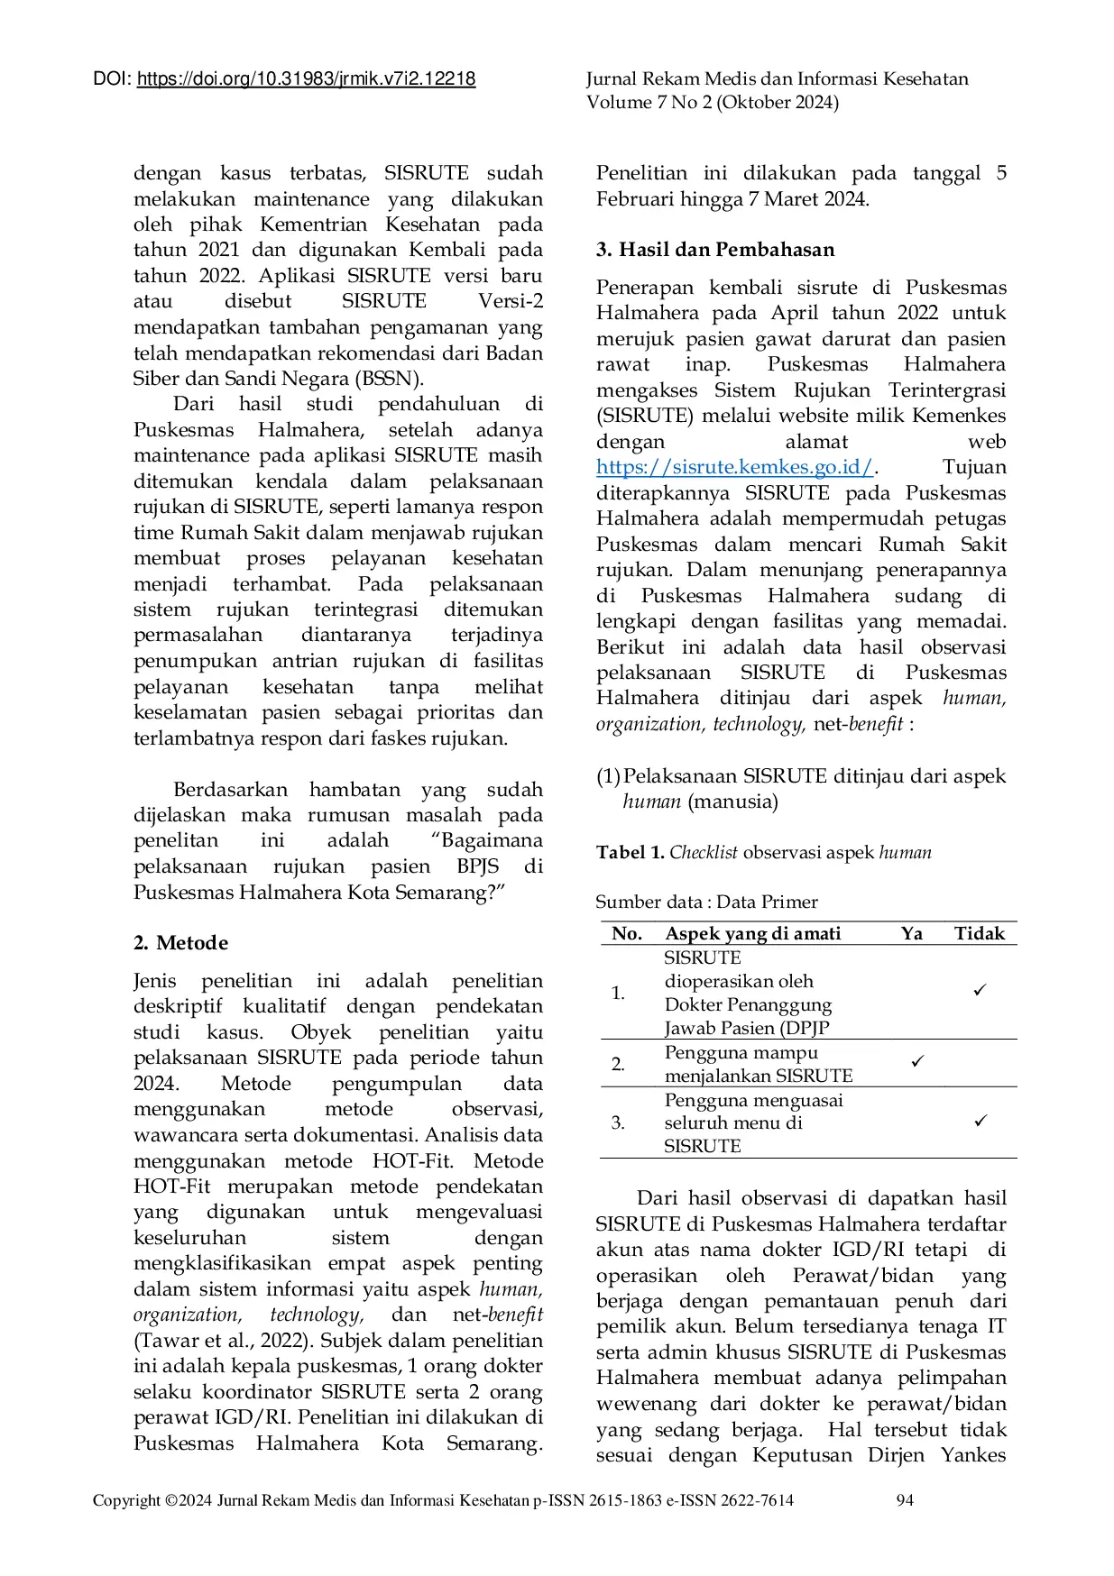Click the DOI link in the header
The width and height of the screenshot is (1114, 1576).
tap(306, 79)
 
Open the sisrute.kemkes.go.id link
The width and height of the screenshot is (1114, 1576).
tap(734, 467)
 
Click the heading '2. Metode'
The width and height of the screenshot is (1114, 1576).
tap(180, 943)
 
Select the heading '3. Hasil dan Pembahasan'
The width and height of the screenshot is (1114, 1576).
tap(715, 250)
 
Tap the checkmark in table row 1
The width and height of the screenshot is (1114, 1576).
tap(980, 990)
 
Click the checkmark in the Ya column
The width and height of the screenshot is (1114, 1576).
tap(917, 1061)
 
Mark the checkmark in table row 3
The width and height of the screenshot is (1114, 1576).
tap(981, 1121)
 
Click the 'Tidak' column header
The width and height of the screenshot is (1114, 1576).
tap(980, 933)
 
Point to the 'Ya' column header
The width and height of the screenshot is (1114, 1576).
tap(912, 933)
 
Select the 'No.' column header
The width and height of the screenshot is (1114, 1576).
tap(627, 933)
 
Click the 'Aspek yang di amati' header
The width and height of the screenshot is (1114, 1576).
tap(753, 933)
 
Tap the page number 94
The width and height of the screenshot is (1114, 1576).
tap(905, 1500)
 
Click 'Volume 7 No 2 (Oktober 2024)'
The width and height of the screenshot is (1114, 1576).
tap(713, 103)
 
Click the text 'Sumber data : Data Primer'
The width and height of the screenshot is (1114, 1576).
tap(706, 903)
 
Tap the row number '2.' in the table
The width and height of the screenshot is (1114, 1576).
tap(618, 1064)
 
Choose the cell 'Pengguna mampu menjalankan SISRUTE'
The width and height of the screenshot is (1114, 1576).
tap(758, 1064)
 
